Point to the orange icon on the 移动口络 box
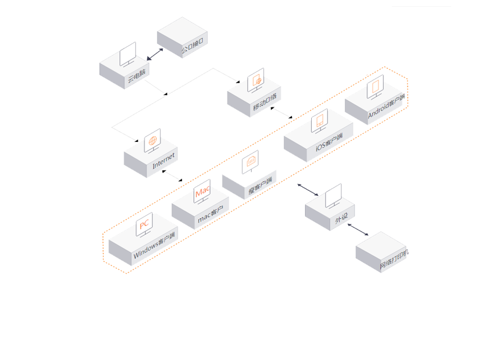[257, 81]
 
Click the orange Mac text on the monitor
[203, 193]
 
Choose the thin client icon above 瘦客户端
[251, 161]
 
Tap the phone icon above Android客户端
[375, 87]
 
